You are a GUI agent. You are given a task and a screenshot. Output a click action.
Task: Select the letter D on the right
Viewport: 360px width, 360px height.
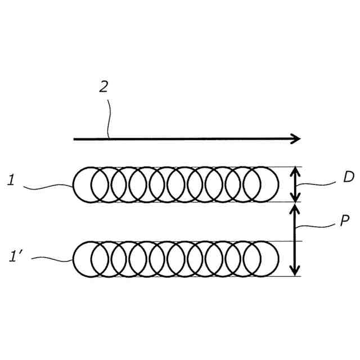348,178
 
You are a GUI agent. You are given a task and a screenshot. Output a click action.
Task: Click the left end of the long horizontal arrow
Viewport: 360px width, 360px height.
75,138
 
